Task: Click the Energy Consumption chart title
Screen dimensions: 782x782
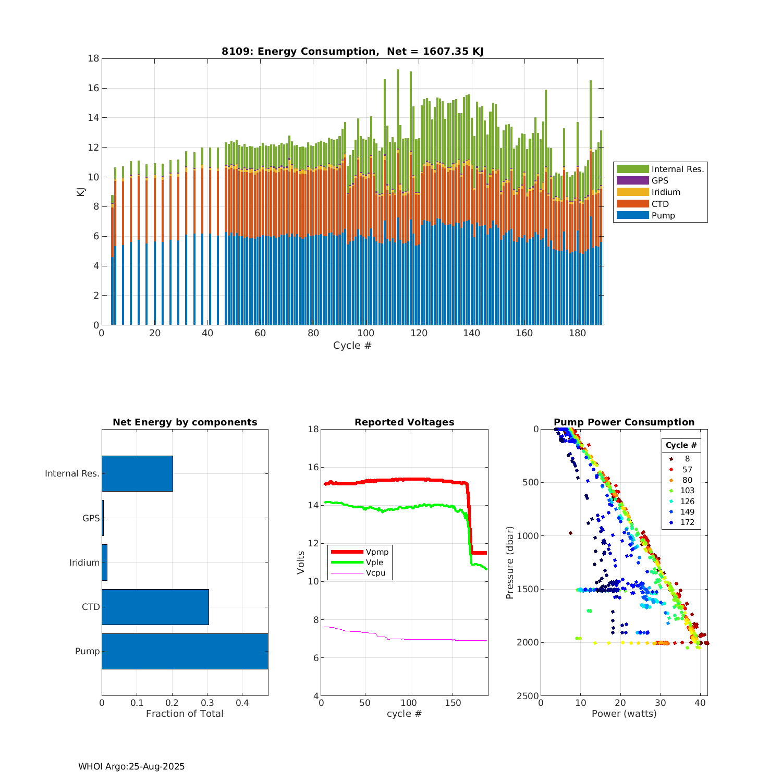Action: (x=352, y=51)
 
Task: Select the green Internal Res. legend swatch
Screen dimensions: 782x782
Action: (x=632, y=169)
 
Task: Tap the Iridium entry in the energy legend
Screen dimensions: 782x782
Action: (x=666, y=192)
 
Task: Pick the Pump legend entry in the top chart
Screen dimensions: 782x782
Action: (x=663, y=216)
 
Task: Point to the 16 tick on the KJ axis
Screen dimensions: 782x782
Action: (x=93, y=88)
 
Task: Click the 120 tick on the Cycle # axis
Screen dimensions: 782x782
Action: (x=419, y=333)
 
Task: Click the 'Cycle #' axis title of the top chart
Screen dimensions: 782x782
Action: (x=352, y=346)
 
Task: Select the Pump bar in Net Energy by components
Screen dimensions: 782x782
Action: (x=185, y=651)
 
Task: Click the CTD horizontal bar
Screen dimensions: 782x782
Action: (x=155, y=607)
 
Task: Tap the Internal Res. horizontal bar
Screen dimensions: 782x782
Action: (x=137, y=473)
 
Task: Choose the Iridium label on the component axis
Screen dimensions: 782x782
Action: (x=84, y=563)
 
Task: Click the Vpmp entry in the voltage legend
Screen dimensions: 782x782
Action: (x=377, y=552)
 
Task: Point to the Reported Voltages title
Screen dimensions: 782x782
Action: (x=404, y=422)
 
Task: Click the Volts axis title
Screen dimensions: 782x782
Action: (x=301, y=563)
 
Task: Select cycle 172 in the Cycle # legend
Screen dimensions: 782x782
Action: (x=687, y=522)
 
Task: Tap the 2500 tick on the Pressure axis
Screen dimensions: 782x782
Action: (x=529, y=696)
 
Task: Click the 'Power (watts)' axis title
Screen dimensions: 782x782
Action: (x=624, y=714)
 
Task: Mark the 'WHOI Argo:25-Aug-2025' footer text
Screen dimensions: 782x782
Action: (x=131, y=766)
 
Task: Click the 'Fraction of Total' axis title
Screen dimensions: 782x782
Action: (x=185, y=714)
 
